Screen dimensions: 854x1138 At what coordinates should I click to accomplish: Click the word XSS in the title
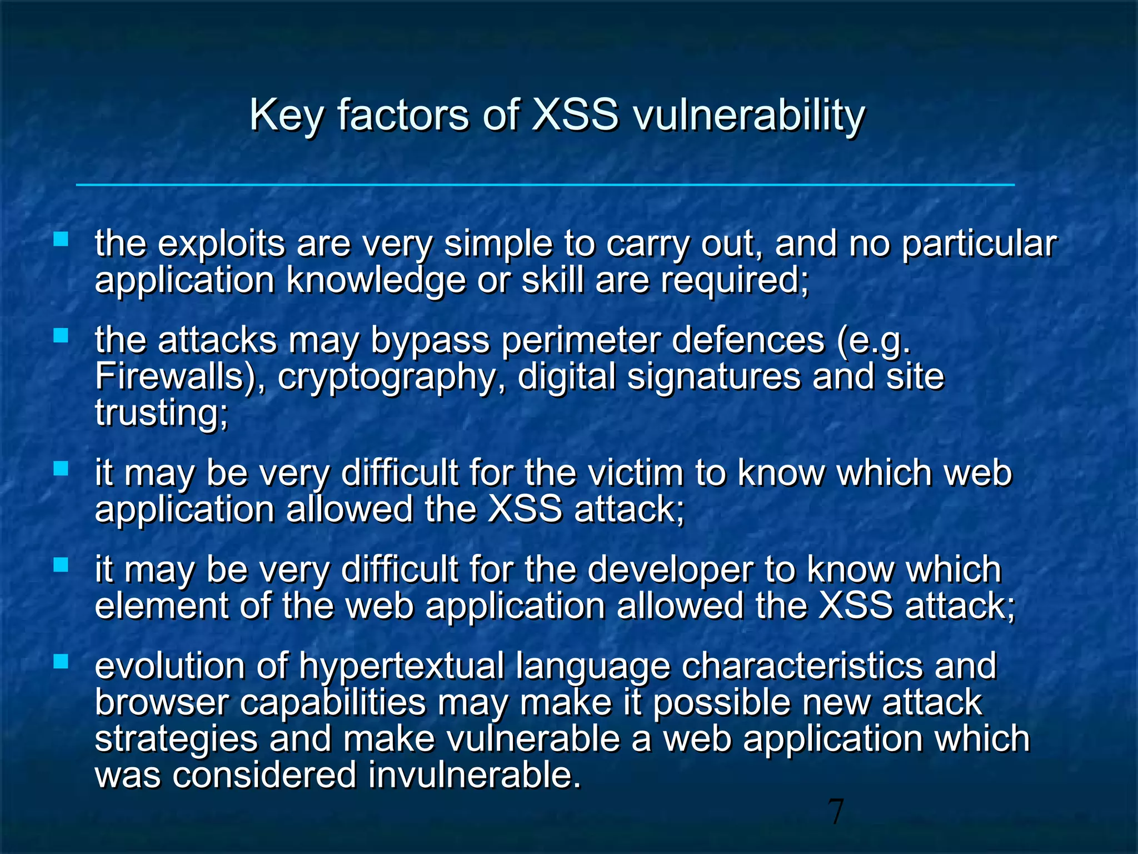pyautogui.click(x=575, y=115)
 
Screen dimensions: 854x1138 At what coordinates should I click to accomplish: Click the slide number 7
pyautogui.click(x=835, y=812)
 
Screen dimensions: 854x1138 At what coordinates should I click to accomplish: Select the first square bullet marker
pyautogui.click(x=61, y=240)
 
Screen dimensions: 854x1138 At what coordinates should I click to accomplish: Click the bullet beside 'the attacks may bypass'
pyautogui.click(x=61, y=335)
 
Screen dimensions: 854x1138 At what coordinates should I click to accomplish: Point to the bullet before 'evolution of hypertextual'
pyautogui.click(x=61, y=661)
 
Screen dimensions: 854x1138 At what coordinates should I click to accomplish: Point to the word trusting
pyautogui.click(x=161, y=414)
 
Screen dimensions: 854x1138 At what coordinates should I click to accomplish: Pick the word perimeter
pyautogui.click(x=581, y=341)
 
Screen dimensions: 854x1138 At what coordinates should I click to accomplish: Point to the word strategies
pyautogui.click(x=176, y=739)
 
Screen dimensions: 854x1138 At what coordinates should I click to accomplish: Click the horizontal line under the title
pyautogui.click(x=545, y=185)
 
